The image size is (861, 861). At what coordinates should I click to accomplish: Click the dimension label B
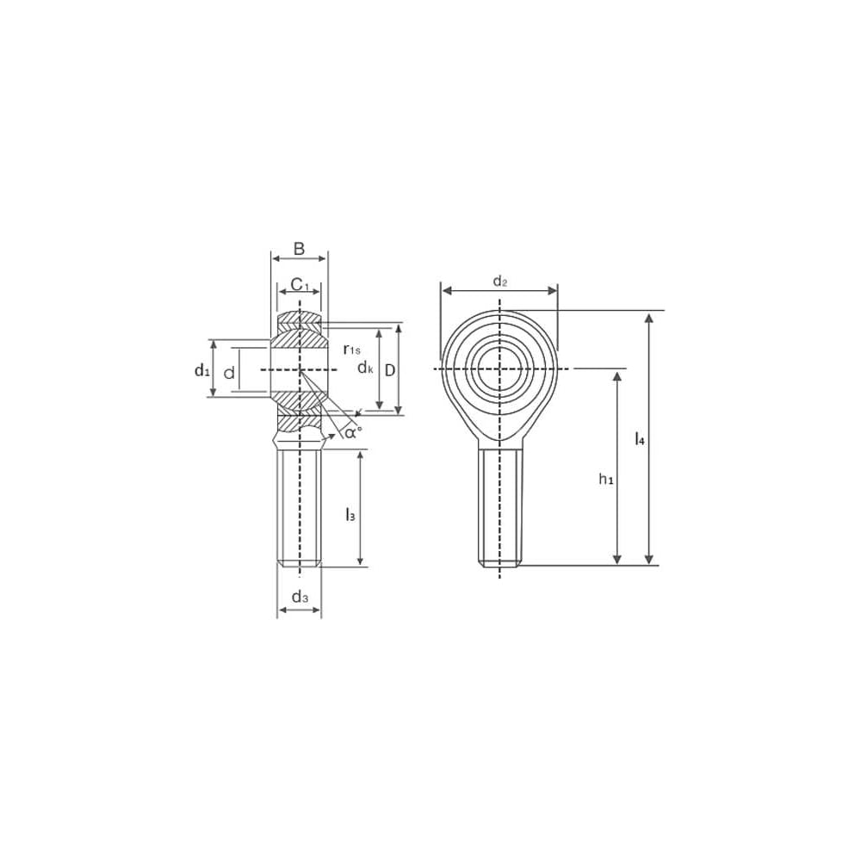(300, 249)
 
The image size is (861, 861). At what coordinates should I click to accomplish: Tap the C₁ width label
(300, 284)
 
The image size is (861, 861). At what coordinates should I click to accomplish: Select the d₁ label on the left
(202, 370)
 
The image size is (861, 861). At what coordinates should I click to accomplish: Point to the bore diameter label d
(230, 374)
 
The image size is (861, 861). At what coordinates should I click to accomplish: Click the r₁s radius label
(352, 350)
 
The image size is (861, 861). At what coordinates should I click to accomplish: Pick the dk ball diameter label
(365, 368)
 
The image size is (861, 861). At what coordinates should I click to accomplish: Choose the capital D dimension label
(390, 370)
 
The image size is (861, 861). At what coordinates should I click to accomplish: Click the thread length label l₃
(350, 515)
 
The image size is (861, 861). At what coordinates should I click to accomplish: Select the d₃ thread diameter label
(300, 597)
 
